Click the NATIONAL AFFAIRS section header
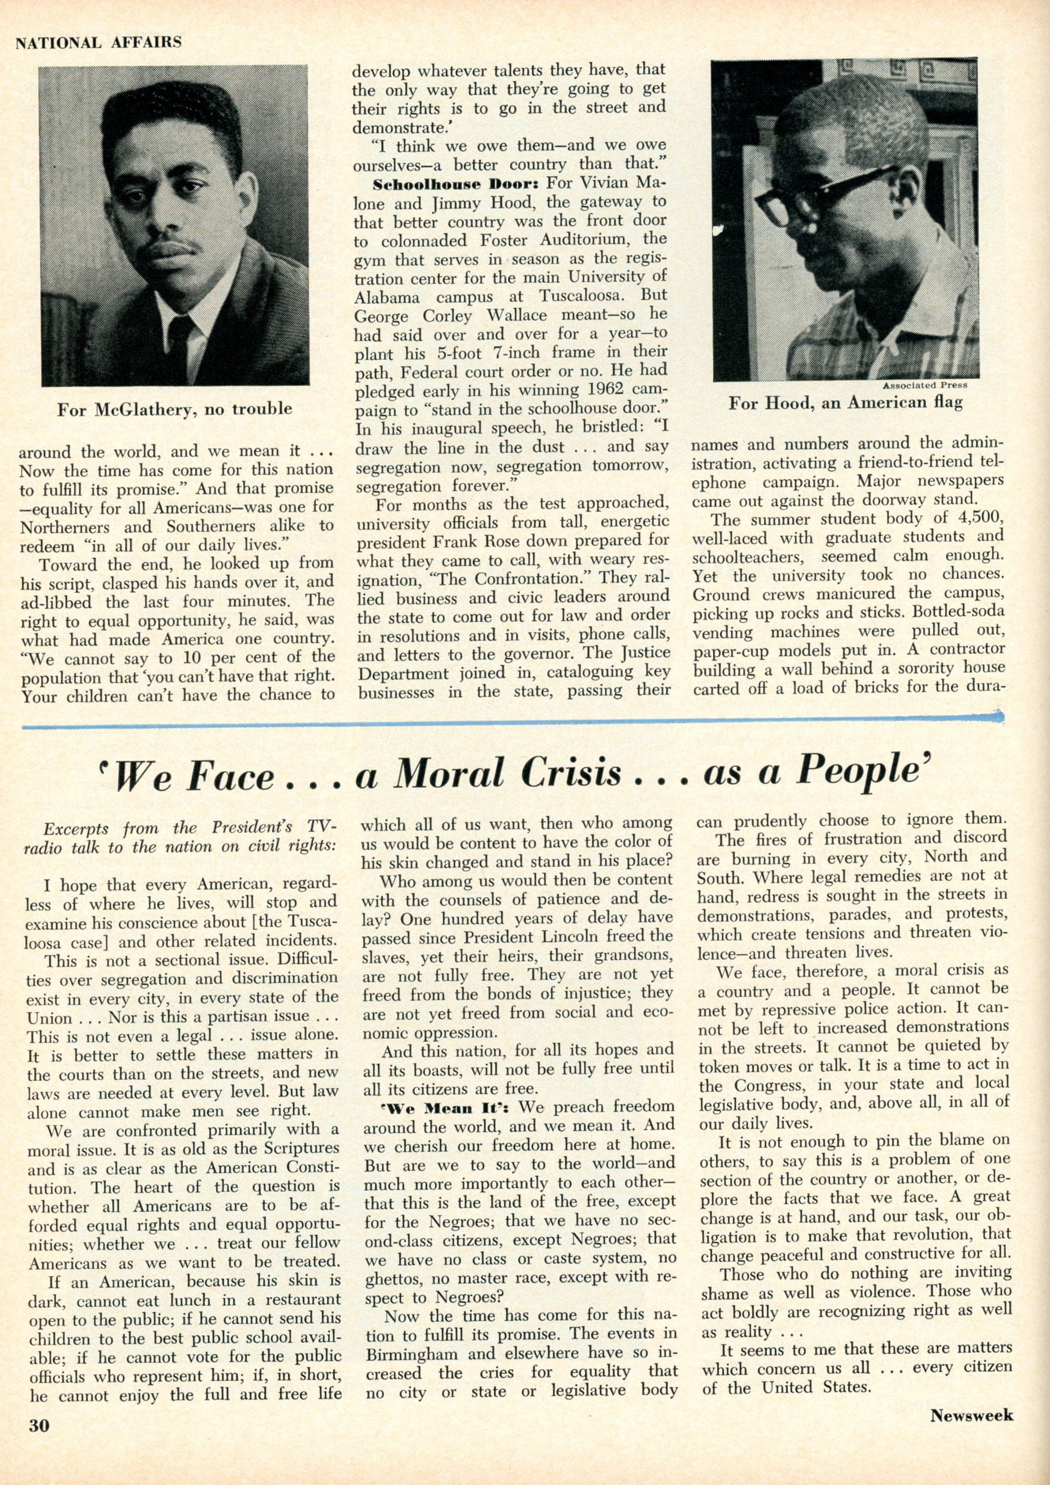point(98,43)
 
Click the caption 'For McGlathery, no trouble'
point(175,409)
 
